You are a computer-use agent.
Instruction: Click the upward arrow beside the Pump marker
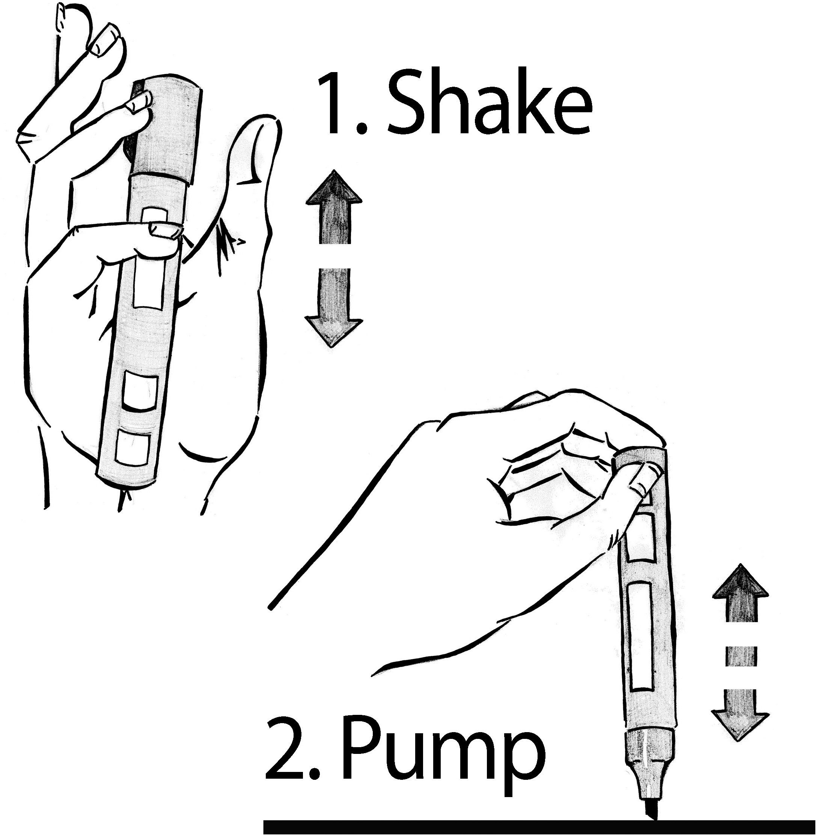pos(740,593)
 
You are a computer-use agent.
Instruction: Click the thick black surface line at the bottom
pos(540,826)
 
